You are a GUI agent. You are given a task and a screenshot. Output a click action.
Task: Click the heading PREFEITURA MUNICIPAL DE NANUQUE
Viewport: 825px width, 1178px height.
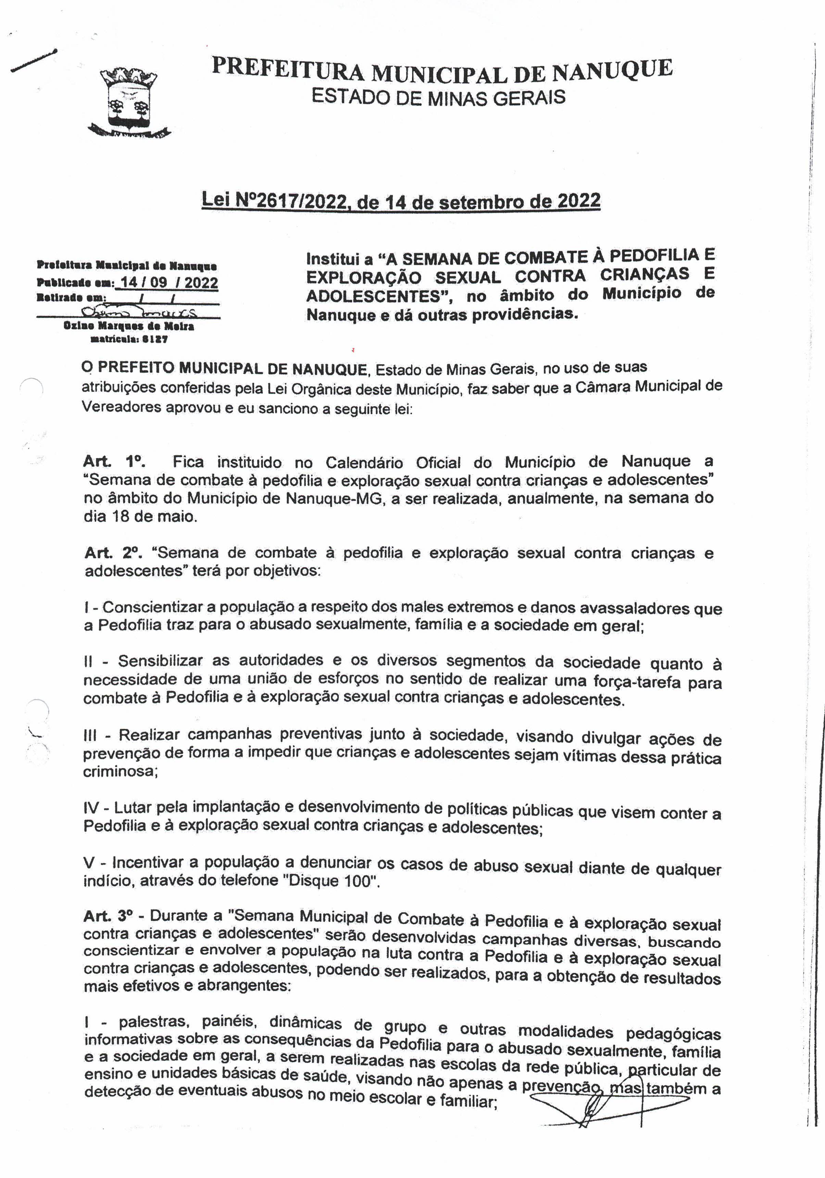point(442,70)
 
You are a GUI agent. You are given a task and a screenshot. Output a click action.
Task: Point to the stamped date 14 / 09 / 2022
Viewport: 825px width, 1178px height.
point(167,282)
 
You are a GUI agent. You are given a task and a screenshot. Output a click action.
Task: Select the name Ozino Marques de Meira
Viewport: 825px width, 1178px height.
point(129,326)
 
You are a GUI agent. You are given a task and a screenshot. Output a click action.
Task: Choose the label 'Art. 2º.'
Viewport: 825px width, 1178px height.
point(115,552)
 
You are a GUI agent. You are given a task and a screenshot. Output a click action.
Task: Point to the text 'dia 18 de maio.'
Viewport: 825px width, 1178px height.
point(140,516)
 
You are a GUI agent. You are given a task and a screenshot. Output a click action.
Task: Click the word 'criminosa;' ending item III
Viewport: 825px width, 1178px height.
point(120,771)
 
